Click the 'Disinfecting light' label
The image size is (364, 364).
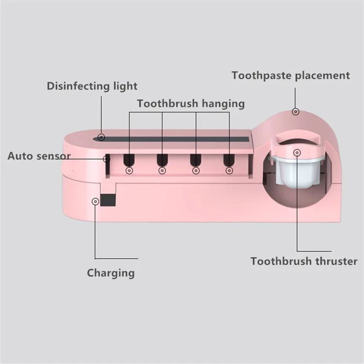click(x=92, y=86)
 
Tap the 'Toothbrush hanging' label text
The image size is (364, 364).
click(x=191, y=103)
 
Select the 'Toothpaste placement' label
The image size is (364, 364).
click(x=290, y=75)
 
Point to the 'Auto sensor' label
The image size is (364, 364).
click(x=39, y=156)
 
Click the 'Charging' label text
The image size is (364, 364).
click(x=111, y=273)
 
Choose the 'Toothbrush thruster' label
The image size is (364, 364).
click(x=304, y=262)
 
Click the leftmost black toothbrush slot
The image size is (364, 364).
click(x=129, y=160)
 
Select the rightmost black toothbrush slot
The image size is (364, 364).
click(x=229, y=160)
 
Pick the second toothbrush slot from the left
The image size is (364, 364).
click(x=162, y=160)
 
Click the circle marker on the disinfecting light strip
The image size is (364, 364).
click(x=101, y=137)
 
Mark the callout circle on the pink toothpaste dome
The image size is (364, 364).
click(x=295, y=111)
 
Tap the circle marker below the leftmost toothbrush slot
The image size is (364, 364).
click(x=129, y=170)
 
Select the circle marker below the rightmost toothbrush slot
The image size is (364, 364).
click(x=229, y=170)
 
